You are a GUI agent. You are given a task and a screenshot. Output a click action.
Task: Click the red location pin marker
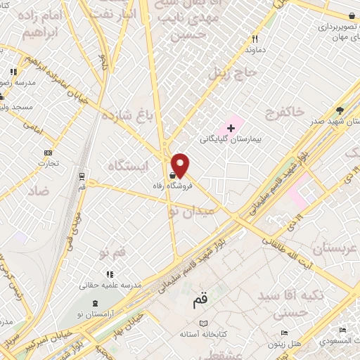tap(181, 165)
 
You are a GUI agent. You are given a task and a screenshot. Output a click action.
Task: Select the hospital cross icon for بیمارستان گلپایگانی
tap(231, 128)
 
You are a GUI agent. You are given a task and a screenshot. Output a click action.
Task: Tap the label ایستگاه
tap(129, 165)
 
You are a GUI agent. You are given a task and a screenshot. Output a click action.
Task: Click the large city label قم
tap(200, 302)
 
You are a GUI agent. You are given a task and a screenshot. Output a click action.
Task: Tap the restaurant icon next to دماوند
tap(255, 39)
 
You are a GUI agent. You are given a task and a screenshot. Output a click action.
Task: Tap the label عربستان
tap(335, 248)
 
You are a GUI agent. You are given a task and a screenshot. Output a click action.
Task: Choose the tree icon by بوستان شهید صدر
tap(340, 110)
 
